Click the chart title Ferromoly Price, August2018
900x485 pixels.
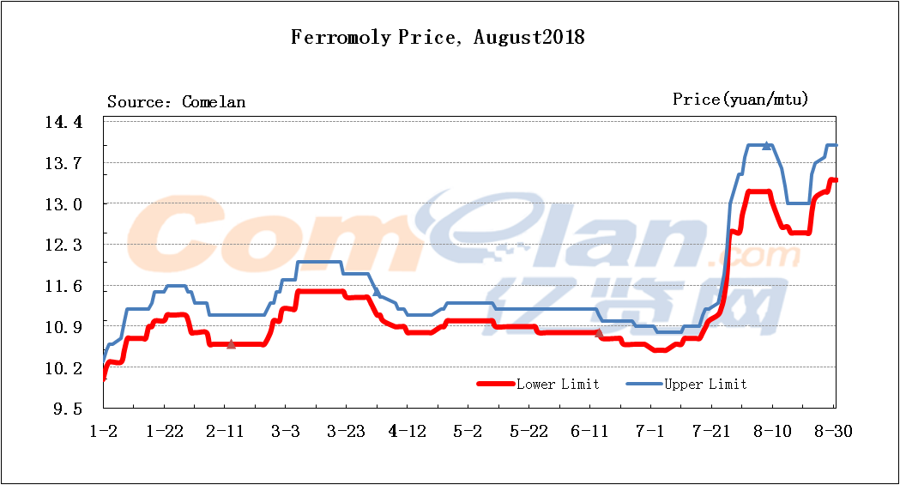[x=438, y=38]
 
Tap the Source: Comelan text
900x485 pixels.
[x=176, y=102]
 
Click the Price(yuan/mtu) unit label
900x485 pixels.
[x=740, y=100]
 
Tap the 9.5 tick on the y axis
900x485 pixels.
[x=68, y=409]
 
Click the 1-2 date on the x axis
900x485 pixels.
[x=104, y=431]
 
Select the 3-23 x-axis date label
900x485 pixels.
[x=346, y=431]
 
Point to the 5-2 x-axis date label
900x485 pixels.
[x=468, y=431]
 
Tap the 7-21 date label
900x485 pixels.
[x=710, y=431]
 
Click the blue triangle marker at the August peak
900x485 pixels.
[x=766, y=146]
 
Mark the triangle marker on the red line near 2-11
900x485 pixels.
[x=231, y=344]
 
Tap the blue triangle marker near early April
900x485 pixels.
[x=377, y=293]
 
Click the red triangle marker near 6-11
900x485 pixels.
[x=598, y=332]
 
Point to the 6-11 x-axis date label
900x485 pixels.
[x=589, y=431]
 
